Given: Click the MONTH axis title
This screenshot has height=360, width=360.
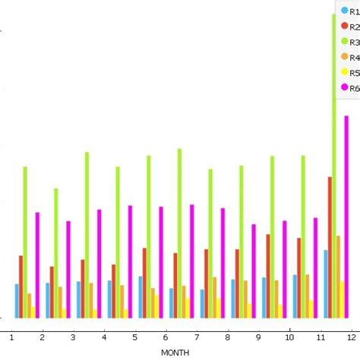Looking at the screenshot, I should (175, 352).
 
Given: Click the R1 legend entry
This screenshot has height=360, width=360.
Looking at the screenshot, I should (350, 11).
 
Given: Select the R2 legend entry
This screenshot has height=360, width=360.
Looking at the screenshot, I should (350, 27).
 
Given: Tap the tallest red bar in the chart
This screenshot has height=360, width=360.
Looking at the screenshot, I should (330, 247).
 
